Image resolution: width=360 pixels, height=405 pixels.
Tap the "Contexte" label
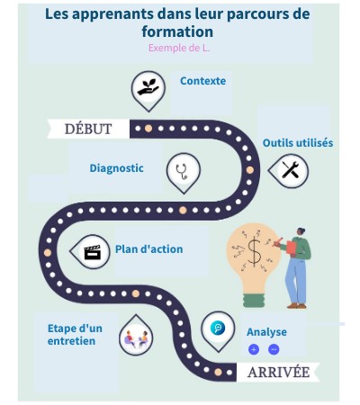pyautogui.click(x=202, y=81)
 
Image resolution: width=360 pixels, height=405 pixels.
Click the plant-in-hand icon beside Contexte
pyautogui.click(x=148, y=87)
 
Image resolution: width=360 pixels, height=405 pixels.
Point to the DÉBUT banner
pyautogui.click(x=88, y=129)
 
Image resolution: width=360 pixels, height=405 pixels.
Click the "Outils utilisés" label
pyautogui.click(x=297, y=143)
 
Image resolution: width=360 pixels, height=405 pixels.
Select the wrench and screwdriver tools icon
pyautogui.click(x=289, y=169)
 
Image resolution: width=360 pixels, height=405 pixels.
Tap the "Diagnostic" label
pyautogui.click(x=117, y=168)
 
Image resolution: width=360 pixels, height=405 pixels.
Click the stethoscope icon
pyautogui.click(x=183, y=170)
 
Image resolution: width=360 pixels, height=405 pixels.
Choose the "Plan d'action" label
pyautogui.click(x=148, y=249)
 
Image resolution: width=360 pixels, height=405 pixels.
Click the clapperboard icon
pyautogui.click(x=91, y=252)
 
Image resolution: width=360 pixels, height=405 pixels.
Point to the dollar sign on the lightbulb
pyautogui.click(x=255, y=252)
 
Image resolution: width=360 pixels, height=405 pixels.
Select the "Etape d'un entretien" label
pyautogui.click(x=75, y=334)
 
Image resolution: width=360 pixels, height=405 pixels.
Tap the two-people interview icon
pyautogui.click(x=136, y=337)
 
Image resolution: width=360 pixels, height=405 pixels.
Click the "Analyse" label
pyautogui.click(x=266, y=332)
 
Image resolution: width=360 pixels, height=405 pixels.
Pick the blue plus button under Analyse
pyautogui.click(x=254, y=349)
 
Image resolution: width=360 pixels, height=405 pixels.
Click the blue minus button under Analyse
pyautogui.click(x=274, y=349)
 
